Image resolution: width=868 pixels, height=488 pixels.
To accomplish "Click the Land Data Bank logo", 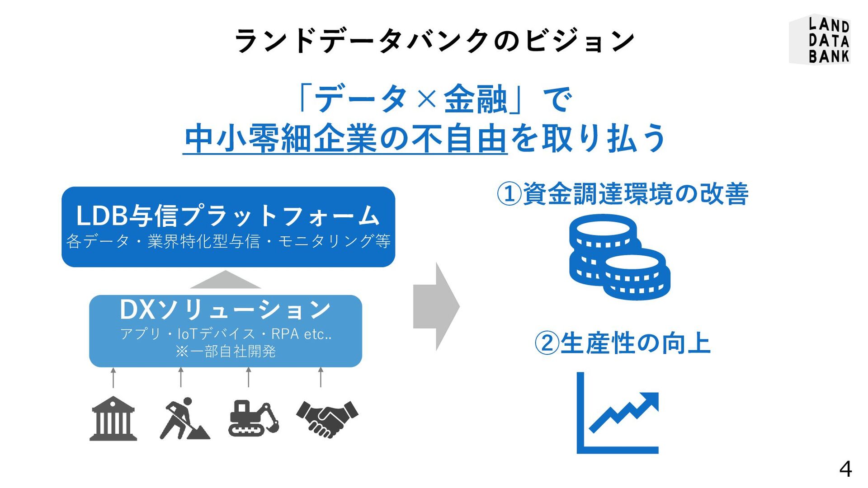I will pyautogui.click(x=820, y=40).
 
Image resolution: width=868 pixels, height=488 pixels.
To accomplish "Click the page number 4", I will pyautogui.click(x=845, y=469).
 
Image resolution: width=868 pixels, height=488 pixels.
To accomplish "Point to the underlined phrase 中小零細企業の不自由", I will pyautogui.click(x=345, y=139).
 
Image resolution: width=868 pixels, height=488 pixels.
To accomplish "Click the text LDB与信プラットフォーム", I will pyautogui.click(x=228, y=216).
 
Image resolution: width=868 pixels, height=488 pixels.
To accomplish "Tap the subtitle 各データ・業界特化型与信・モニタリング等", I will pyautogui.click(x=228, y=241).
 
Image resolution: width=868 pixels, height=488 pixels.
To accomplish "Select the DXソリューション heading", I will pyautogui.click(x=225, y=310).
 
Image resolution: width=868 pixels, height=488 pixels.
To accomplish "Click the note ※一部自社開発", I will pyautogui.click(x=225, y=352).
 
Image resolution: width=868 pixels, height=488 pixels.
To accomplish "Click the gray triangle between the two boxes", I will pyautogui.click(x=225, y=281).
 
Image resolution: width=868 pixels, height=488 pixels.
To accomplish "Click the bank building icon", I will pyautogui.click(x=113, y=419).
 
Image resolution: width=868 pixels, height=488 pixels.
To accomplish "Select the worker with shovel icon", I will pyautogui.click(x=184, y=419).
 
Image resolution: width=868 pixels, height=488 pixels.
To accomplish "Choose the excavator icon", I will pyautogui.click(x=253, y=418).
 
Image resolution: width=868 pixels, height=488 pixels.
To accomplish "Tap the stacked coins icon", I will pyautogui.click(x=618, y=257).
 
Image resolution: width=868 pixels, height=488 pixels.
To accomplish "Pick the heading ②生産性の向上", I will pyautogui.click(x=623, y=343).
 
